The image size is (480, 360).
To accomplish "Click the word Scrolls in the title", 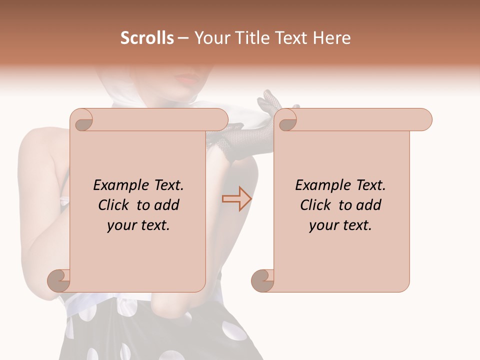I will (147, 38).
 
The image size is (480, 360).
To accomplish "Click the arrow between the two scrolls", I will (236, 199).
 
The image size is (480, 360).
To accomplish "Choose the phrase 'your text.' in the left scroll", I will (138, 225).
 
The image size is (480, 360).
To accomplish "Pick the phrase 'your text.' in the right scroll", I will (340, 225).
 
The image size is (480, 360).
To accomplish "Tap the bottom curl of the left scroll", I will (59, 280).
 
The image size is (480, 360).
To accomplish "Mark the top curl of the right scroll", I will (286, 120).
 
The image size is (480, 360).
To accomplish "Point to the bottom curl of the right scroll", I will (262, 280).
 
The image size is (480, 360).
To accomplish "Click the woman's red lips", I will (188, 78).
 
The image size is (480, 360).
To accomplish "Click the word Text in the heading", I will (289, 38).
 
